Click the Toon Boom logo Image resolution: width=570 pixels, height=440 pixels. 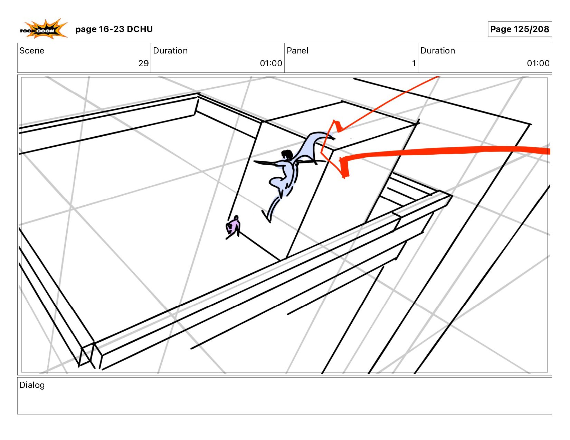click(x=44, y=29)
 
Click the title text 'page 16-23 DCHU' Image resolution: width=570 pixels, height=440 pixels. click(x=114, y=29)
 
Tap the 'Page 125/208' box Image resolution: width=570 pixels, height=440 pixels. click(x=520, y=29)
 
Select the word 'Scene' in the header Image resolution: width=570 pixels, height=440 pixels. click(x=32, y=51)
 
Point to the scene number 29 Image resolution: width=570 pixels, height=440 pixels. click(x=143, y=63)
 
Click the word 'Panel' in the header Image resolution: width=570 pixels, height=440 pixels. click(x=297, y=51)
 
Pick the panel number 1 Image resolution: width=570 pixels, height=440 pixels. click(x=414, y=63)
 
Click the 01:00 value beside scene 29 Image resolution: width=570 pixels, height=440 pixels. click(x=271, y=63)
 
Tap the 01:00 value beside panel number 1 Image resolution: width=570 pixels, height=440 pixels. click(x=538, y=63)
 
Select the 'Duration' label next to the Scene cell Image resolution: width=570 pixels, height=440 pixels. click(x=170, y=51)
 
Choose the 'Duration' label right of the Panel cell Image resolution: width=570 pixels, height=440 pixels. click(x=438, y=51)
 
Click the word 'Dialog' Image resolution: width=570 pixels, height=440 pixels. click(x=32, y=385)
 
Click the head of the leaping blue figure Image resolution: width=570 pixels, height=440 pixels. click(x=287, y=154)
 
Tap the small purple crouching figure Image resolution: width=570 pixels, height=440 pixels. click(x=233, y=227)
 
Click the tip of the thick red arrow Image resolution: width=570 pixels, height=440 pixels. click(x=341, y=160)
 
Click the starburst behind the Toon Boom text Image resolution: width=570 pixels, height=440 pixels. click(x=44, y=29)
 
